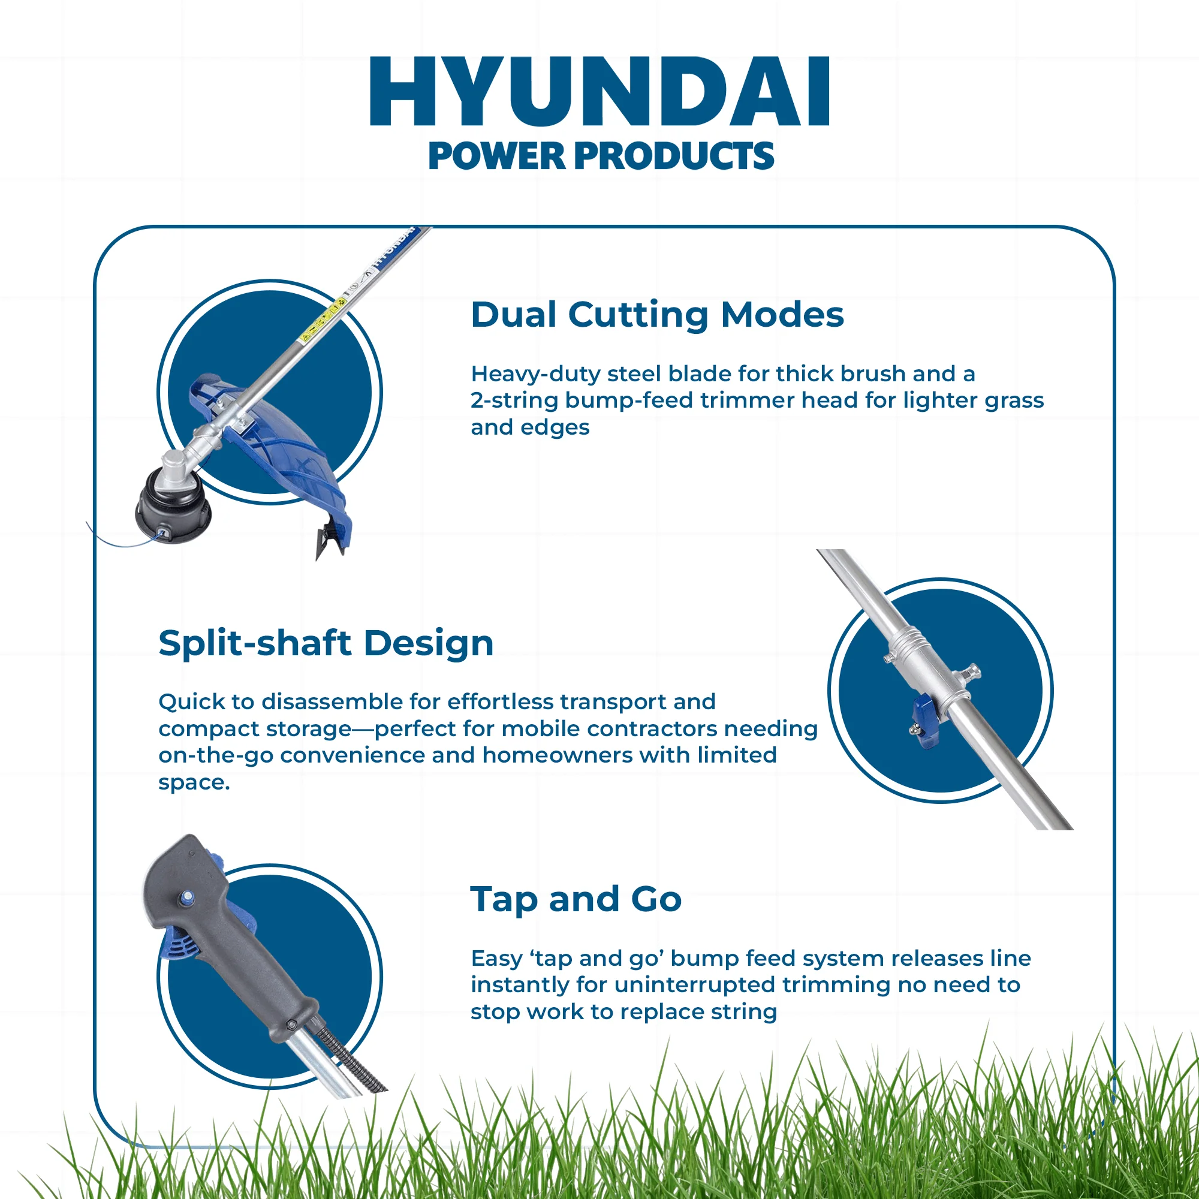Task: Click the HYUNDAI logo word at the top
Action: pyautogui.click(x=599, y=92)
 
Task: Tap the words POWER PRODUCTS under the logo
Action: pyautogui.click(x=601, y=156)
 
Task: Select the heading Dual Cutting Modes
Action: pyautogui.click(x=657, y=315)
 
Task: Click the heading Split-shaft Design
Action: pyautogui.click(x=326, y=643)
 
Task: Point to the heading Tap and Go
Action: pyautogui.click(x=576, y=899)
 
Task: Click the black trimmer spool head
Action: pyautogui.click(x=172, y=507)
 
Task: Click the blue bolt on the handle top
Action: pyautogui.click(x=187, y=896)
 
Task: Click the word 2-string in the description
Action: pyautogui.click(x=514, y=401)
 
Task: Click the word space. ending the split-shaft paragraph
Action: pyautogui.click(x=194, y=782)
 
